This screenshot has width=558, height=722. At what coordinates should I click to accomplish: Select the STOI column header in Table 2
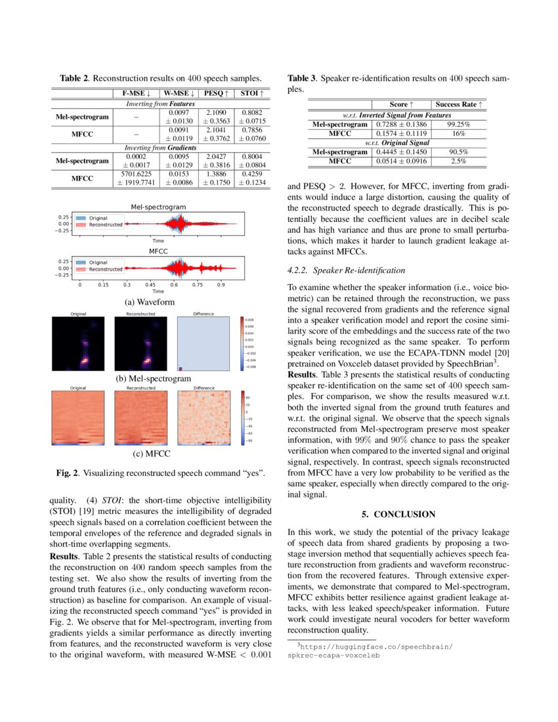pos(251,94)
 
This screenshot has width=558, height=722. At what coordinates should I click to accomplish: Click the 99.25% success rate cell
pos(458,123)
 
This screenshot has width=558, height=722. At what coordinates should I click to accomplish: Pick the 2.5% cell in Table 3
pos(458,160)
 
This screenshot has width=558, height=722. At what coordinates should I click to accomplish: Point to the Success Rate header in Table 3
pos(458,104)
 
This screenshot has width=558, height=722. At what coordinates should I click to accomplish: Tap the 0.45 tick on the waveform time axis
pos(150,286)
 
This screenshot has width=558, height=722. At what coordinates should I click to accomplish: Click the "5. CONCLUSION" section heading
pos(398,513)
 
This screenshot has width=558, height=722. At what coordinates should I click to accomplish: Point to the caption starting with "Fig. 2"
pos(161,473)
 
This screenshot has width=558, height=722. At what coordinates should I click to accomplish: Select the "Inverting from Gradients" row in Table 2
pos(161,148)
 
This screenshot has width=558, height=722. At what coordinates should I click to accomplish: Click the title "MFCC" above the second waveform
pos(158,251)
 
